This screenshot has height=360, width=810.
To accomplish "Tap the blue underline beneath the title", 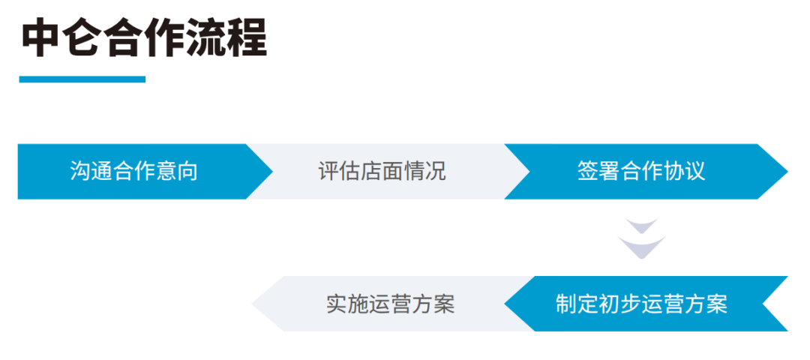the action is coord(82,79).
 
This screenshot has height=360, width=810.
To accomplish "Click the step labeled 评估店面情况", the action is coord(382,172).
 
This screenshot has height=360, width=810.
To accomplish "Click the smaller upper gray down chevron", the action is coord(641,225).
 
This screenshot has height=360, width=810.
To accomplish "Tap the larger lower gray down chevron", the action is coord(641,247).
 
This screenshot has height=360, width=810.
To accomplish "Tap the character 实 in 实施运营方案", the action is coord(337,304).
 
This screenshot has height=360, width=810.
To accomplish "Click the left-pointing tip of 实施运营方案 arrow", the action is coord(252,304).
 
